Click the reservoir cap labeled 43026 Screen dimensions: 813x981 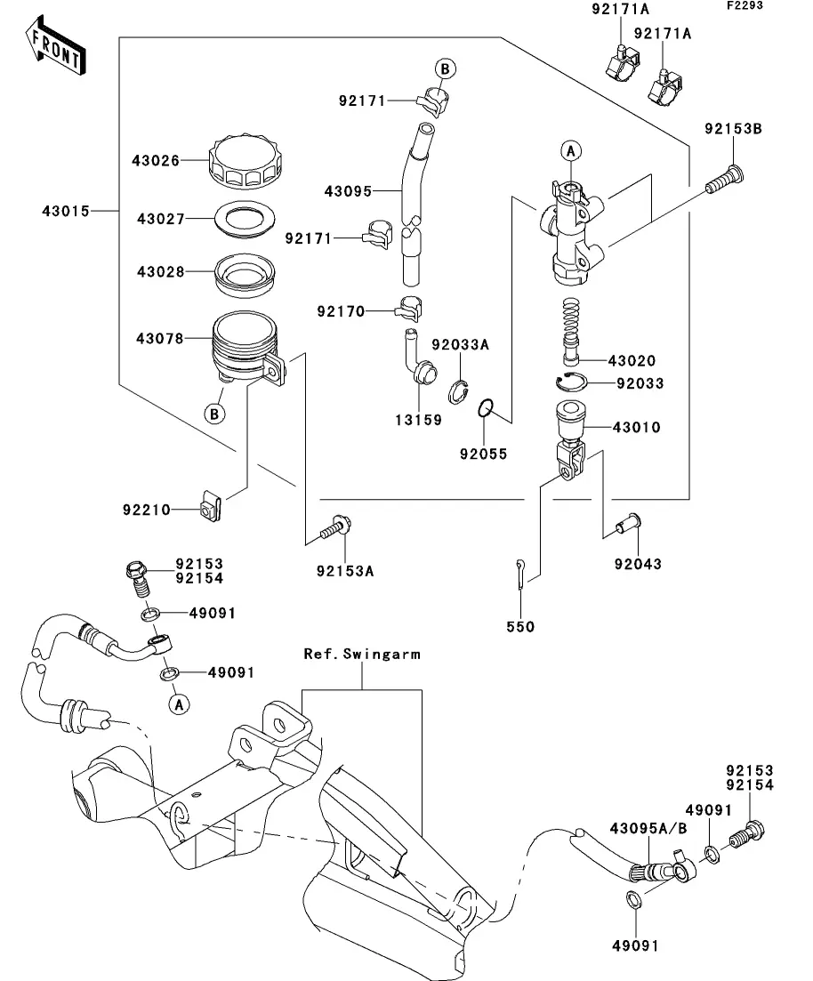coord(244,161)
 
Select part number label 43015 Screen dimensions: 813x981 coord(66,211)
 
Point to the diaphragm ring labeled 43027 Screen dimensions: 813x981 coord(245,220)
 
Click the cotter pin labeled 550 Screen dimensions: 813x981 coord(521,573)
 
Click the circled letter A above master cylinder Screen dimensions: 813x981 coord(570,151)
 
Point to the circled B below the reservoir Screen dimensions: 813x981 coord(214,414)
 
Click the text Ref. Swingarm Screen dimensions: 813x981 coord(362,654)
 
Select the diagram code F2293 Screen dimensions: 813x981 coord(745,5)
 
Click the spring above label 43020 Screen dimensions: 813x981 coord(571,329)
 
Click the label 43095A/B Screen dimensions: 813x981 coord(648,828)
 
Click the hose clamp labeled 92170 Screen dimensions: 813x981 coord(408,307)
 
